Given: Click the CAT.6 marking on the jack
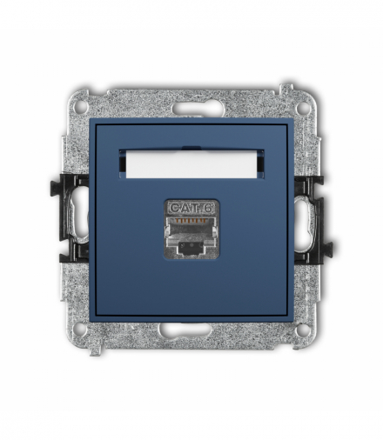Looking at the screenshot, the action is click(191, 208).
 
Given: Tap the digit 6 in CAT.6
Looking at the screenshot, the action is click(210, 208).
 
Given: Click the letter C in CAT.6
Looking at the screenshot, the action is click(174, 208).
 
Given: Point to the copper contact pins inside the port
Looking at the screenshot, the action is click(191, 221).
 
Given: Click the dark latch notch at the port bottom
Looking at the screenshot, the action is click(191, 246).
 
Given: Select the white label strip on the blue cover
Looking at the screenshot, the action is click(191, 165).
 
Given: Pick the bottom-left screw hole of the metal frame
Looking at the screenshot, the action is click(81, 328).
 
